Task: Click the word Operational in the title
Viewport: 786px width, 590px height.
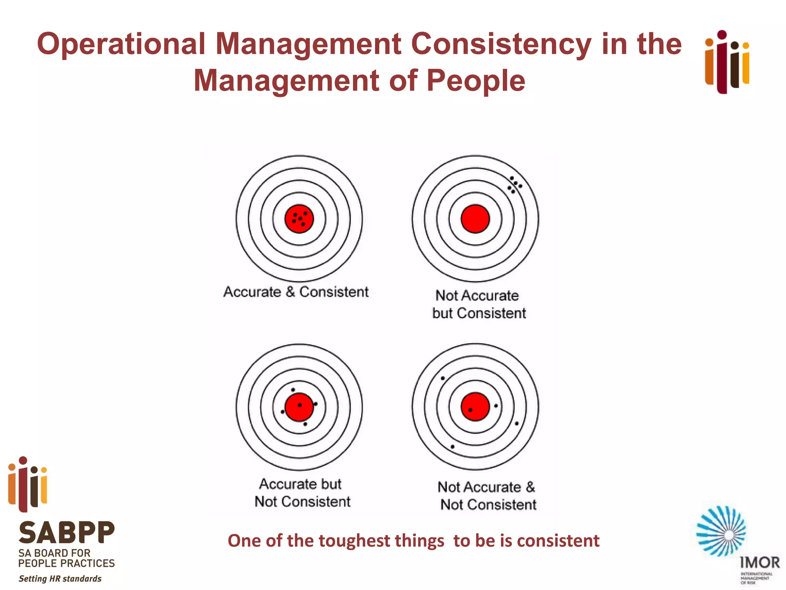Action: pos(121,44)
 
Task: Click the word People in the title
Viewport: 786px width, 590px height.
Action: pos(476,81)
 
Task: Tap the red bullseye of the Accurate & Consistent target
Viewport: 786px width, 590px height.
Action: pos(299,219)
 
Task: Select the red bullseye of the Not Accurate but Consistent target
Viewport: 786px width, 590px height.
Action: pos(475,219)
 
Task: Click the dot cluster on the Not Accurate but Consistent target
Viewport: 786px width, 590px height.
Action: pos(514,185)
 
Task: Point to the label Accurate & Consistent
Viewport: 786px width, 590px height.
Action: pos(296,292)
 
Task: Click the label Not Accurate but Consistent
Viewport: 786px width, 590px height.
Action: pos(478,304)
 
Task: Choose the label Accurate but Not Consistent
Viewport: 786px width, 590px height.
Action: pos(302,492)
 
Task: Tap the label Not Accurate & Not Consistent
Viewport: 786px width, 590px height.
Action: pos(487,496)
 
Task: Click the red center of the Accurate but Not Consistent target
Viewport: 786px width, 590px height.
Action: pos(299,407)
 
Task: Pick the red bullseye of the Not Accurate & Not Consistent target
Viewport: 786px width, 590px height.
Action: pos(475,407)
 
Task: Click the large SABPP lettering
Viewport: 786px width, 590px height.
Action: pos(67,533)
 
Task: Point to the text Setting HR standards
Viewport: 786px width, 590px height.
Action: pos(60,578)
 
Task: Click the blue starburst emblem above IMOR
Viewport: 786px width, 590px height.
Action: pos(721,531)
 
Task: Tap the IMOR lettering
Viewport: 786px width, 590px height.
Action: pos(760,563)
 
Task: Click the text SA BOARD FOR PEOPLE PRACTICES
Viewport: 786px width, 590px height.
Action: pos(66,558)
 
